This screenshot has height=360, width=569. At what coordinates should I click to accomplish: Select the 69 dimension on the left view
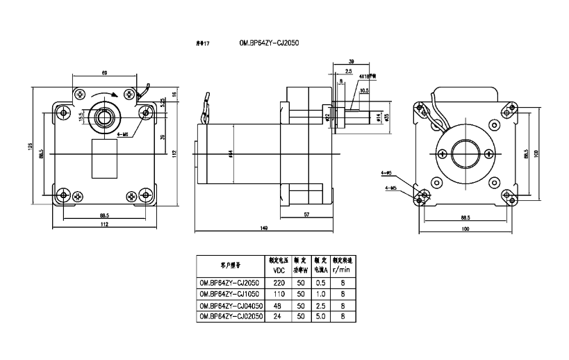tap(104, 72)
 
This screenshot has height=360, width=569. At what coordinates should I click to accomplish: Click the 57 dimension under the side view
tap(306, 215)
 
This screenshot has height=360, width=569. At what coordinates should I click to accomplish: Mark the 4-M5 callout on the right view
tap(390, 188)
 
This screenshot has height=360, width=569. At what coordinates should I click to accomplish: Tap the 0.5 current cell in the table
tap(321, 283)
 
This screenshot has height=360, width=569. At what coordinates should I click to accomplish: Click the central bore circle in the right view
tap(465, 152)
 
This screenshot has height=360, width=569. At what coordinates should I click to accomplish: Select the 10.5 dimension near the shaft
tap(364, 90)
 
